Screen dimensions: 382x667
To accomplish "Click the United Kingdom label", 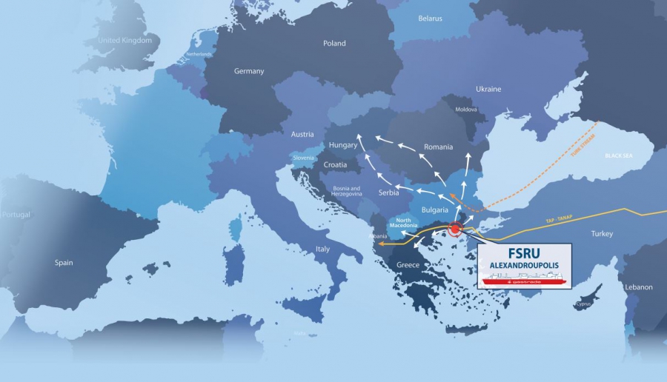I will (125, 41).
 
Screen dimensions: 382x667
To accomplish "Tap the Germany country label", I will (249, 71).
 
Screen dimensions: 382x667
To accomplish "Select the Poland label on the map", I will (334, 44).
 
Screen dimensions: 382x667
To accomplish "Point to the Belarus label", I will (430, 18).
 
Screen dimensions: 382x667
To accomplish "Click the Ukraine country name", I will (488, 90).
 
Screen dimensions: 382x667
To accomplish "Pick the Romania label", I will (438, 147).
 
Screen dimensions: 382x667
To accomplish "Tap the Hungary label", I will (343, 146).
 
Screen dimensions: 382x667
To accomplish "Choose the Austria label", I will (302, 135).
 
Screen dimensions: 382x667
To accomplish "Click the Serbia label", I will (389, 193).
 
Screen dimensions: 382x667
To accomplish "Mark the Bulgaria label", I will (434, 210).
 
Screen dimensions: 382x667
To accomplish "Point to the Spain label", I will (64, 263).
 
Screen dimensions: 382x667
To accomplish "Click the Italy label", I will (322, 249).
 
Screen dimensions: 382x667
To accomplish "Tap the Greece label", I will (408, 265).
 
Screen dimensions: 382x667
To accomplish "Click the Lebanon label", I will (638, 287).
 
